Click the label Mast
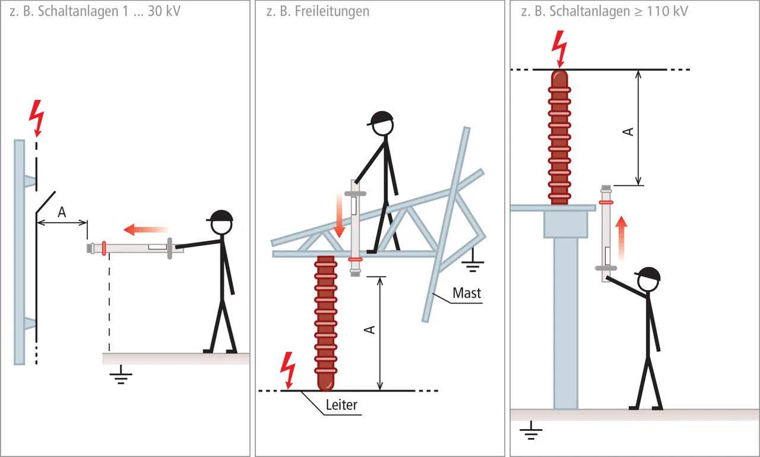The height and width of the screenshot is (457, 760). tap(467, 293)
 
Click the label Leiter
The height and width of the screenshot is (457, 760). tap(341, 405)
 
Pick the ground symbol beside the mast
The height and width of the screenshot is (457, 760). tap(473, 262)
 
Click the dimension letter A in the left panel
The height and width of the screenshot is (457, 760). tap(62, 211)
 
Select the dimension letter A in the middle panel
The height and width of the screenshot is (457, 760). tap(370, 329)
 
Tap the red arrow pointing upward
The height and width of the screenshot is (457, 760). tap(621, 238)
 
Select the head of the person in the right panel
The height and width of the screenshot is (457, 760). tap(649, 280)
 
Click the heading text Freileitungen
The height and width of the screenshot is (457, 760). tap(332, 11)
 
